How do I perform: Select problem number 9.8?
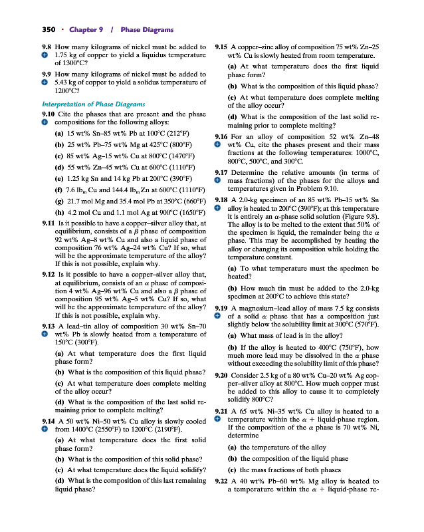(48, 47)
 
